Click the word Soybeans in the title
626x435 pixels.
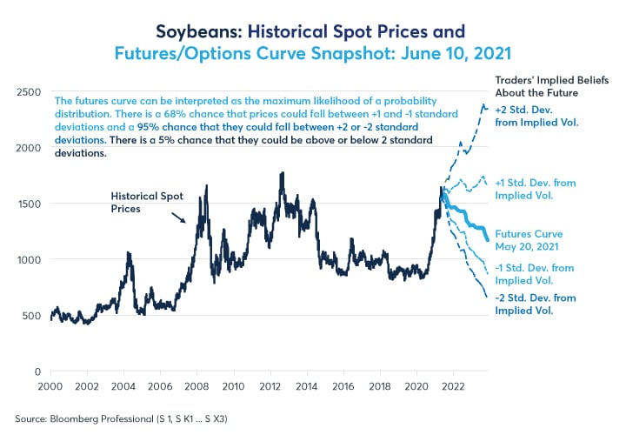(193, 32)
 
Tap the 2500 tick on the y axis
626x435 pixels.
(30, 91)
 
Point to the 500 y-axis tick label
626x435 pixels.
(32, 315)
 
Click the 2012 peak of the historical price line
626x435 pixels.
(283, 174)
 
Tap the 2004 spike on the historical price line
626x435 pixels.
(129, 253)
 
